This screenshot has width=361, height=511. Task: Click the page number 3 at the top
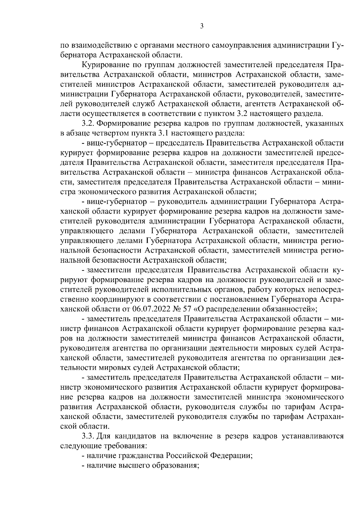click(202, 26)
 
